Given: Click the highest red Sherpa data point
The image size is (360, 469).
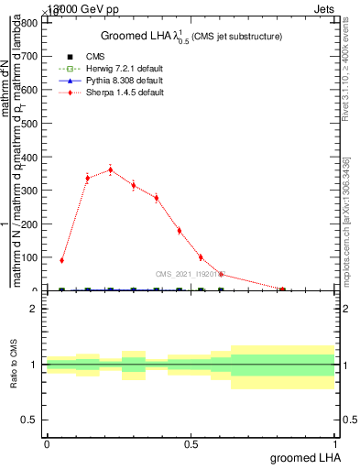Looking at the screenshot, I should pos(111,169).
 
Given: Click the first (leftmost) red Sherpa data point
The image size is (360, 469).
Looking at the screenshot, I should pos(61,260).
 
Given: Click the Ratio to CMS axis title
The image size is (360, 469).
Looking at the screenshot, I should pos(15,365).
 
